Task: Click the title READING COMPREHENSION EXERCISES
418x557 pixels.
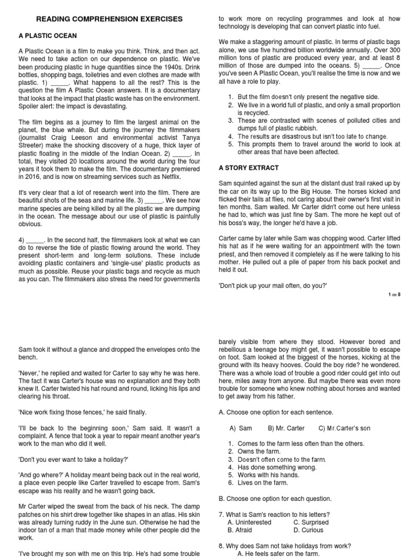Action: coord(109,19)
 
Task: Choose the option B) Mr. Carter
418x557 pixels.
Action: coord(286,428)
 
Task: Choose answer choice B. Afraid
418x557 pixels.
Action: coord(242,530)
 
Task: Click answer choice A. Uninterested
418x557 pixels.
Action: coord(249,522)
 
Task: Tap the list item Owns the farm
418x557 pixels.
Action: coord(259,451)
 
